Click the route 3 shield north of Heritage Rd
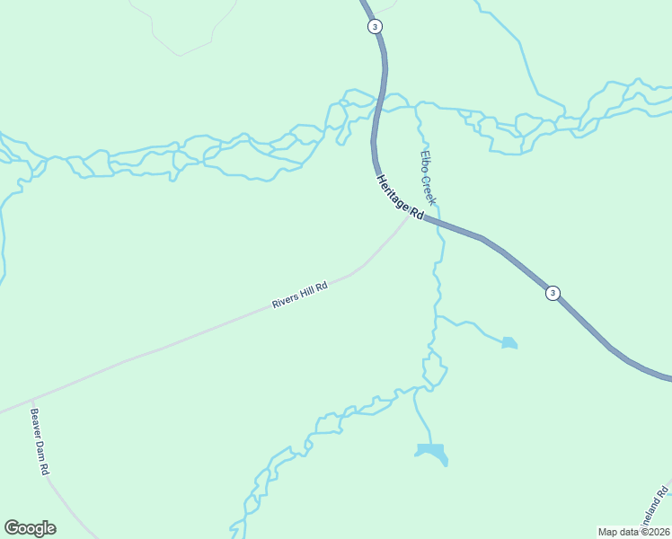click(x=374, y=26)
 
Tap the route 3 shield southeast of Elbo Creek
click(x=553, y=293)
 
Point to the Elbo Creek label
click(x=427, y=177)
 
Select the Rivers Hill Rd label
click(x=300, y=295)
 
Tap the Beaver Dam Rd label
click(x=40, y=442)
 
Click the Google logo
click(x=30, y=528)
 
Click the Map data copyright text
click(x=634, y=532)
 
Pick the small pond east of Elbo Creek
click(x=509, y=342)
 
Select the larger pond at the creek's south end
click(x=432, y=452)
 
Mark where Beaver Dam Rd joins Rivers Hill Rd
click(x=31, y=399)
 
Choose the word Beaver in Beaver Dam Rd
click(x=36, y=424)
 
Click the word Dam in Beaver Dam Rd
click(x=41, y=447)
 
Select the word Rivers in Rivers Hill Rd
click(x=286, y=300)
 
